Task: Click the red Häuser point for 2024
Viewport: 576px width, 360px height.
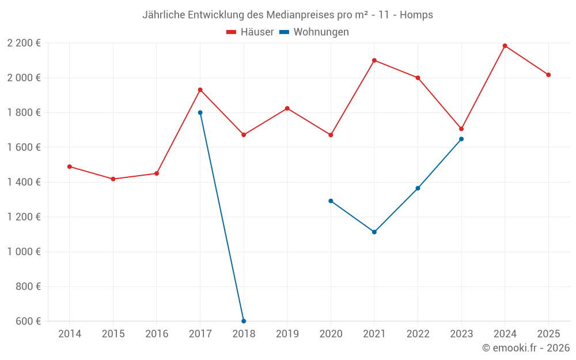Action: [x=505, y=46]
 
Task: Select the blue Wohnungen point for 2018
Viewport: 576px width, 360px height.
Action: [x=244, y=321]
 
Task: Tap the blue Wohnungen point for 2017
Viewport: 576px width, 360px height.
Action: [x=200, y=112]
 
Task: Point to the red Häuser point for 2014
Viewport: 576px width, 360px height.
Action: [x=70, y=166]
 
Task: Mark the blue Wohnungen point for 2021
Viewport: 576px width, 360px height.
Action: [x=374, y=232]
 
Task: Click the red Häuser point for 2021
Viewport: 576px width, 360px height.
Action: [x=374, y=60]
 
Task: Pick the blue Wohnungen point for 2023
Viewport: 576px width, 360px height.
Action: [x=461, y=139]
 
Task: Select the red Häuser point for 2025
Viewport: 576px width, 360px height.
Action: [x=548, y=75]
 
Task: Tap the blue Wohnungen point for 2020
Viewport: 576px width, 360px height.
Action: [x=331, y=201]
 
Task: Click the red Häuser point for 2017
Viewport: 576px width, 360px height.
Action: [x=200, y=90]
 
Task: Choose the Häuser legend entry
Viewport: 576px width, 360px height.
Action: [x=250, y=32]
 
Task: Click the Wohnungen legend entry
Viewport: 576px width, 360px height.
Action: [x=314, y=32]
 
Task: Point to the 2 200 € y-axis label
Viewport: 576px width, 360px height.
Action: [x=24, y=43]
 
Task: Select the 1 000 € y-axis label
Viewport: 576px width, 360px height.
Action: [x=24, y=252]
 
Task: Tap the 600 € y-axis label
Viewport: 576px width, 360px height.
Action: [x=28, y=321]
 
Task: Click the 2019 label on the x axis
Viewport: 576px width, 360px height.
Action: [x=287, y=334]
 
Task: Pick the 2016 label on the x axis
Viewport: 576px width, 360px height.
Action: [x=157, y=334]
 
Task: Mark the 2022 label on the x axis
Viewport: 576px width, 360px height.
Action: [x=418, y=334]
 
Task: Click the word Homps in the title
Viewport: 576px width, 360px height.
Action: [x=417, y=15]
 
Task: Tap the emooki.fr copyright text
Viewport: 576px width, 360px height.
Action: [x=525, y=348]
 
